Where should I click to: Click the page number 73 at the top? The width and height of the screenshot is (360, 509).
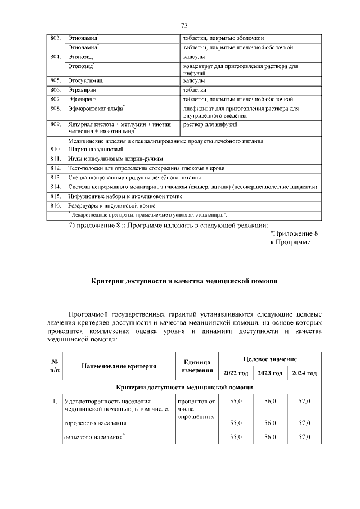point(184,26)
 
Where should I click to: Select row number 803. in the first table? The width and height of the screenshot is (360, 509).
point(55,38)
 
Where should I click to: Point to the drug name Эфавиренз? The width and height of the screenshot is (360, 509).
point(83,99)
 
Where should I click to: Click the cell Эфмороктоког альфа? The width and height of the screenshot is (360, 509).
point(96,108)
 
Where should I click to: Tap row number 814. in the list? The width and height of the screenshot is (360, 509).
point(55,186)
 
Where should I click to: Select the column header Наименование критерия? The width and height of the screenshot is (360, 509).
point(119,366)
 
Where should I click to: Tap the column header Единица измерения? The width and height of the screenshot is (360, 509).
point(197,366)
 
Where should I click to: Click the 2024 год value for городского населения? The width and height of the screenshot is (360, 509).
point(304,422)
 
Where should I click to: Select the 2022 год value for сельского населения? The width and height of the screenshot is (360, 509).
point(236,437)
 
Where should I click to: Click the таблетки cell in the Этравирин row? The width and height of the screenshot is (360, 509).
point(195,90)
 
